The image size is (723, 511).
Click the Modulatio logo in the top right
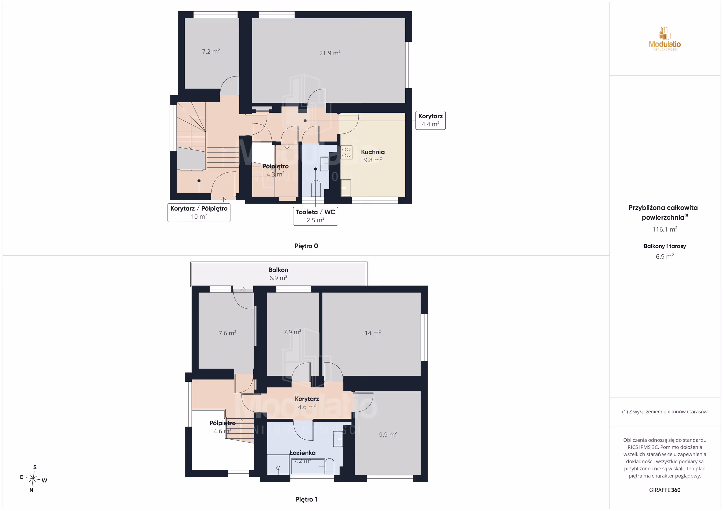tap(665, 39)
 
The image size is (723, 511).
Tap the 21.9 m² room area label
tap(330, 53)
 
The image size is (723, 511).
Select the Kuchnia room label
tap(373, 152)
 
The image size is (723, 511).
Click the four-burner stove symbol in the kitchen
tap(346, 152)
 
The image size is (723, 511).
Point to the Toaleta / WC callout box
tap(315, 216)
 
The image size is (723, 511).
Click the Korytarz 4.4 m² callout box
tap(430, 120)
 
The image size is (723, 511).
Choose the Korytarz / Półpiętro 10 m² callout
tap(199, 213)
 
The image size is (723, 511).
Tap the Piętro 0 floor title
tap(306, 246)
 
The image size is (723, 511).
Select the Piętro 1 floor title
tap(306, 499)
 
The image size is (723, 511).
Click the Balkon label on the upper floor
tap(278, 270)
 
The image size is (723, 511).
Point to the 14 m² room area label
tap(373, 333)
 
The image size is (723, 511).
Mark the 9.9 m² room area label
tap(388, 434)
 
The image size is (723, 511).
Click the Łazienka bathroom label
tap(302, 453)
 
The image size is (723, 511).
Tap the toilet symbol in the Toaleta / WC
tap(316, 188)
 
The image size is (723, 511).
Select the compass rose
tap(33, 479)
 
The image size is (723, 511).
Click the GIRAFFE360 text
tap(665, 490)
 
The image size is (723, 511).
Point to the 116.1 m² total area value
tap(665, 229)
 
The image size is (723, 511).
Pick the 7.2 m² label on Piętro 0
tap(211, 51)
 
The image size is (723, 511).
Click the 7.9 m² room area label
tap(292, 332)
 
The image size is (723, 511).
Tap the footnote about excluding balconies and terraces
tap(665, 412)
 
